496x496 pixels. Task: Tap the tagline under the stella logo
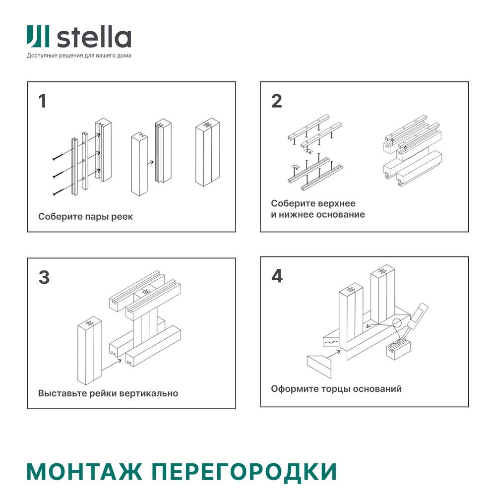[x=79, y=56]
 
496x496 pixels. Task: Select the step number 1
[x=43, y=101]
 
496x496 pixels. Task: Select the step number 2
[x=276, y=101]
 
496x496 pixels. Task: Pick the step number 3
[x=44, y=277]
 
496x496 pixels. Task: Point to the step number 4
[x=277, y=276]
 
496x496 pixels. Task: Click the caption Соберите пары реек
[x=85, y=217]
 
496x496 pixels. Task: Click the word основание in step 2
[x=341, y=215]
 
